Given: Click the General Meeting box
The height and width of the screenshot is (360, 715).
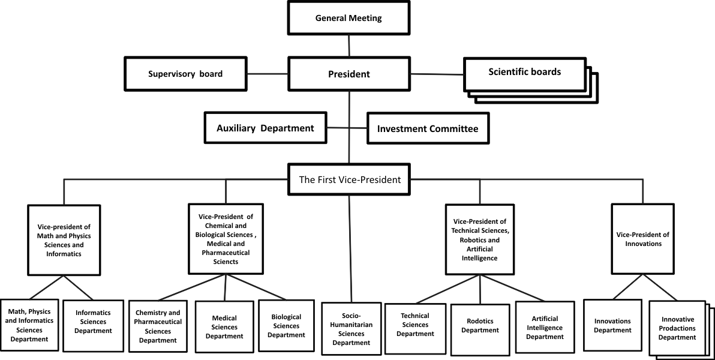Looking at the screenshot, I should (349, 18).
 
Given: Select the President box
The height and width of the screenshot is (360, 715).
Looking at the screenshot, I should (349, 74).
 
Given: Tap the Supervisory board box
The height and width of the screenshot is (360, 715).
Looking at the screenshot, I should (185, 74).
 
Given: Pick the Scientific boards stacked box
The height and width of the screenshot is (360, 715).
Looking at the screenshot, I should (524, 73).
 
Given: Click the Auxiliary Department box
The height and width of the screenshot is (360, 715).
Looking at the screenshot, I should (265, 128).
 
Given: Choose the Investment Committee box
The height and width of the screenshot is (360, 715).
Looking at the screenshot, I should (427, 129).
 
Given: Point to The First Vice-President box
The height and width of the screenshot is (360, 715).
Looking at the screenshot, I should (349, 179).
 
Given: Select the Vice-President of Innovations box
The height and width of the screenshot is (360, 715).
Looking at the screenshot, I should (642, 239).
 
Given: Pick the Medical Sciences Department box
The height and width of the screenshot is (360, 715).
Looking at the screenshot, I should (224, 326).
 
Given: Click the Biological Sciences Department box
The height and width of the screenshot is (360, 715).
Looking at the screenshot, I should (286, 325).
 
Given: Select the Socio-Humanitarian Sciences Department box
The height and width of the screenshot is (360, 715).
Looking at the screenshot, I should (351, 329).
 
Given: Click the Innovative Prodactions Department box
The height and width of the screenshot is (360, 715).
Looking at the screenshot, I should (677, 328).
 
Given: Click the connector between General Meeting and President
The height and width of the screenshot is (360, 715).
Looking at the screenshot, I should (349, 46).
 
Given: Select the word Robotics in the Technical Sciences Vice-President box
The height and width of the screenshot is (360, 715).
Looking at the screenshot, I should (467, 239).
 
